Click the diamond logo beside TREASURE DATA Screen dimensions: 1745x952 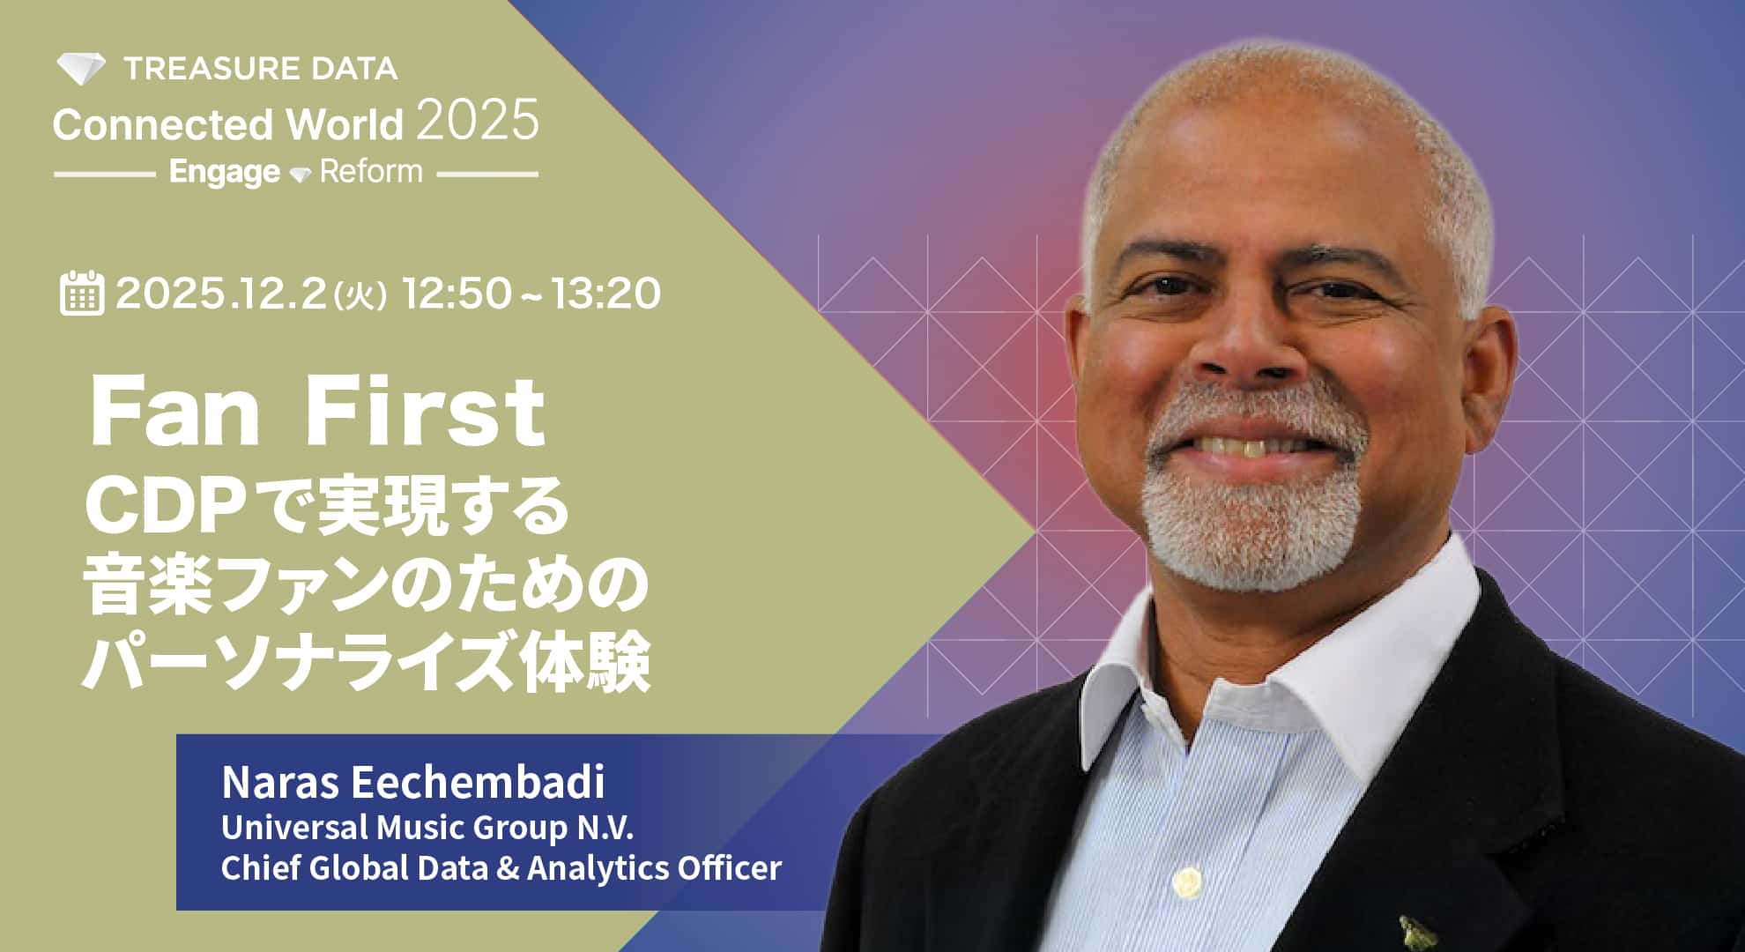point(81,69)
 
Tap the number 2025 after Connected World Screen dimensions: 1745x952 point(477,121)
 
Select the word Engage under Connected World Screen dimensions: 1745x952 point(225,172)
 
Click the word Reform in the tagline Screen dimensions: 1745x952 point(371,170)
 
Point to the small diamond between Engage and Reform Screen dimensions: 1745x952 point(301,175)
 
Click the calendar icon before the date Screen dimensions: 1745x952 point(82,293)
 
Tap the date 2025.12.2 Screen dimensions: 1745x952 point(221,294)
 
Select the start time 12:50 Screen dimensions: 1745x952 point(457,294)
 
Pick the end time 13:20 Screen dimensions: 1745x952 point(606,294)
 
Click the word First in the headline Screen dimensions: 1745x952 point(425,412)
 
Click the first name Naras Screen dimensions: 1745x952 point(281,782)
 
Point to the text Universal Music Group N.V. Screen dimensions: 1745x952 point(427,828)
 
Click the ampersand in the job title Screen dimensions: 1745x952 point(508,868)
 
